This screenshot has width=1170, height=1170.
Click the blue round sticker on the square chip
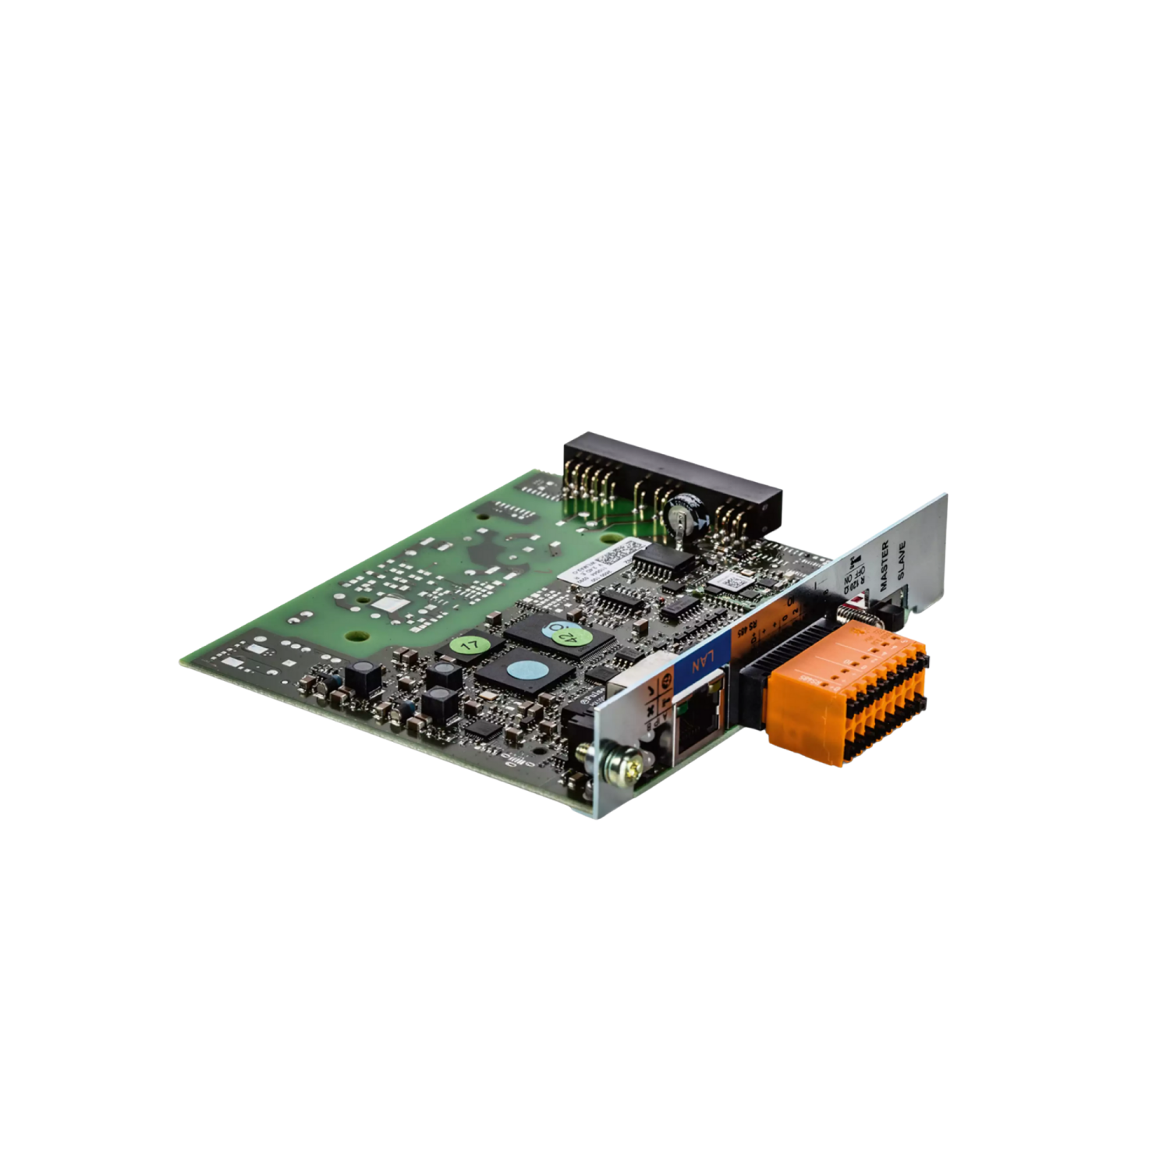(519, 668)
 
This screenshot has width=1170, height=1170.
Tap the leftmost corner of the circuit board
(181, 660)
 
